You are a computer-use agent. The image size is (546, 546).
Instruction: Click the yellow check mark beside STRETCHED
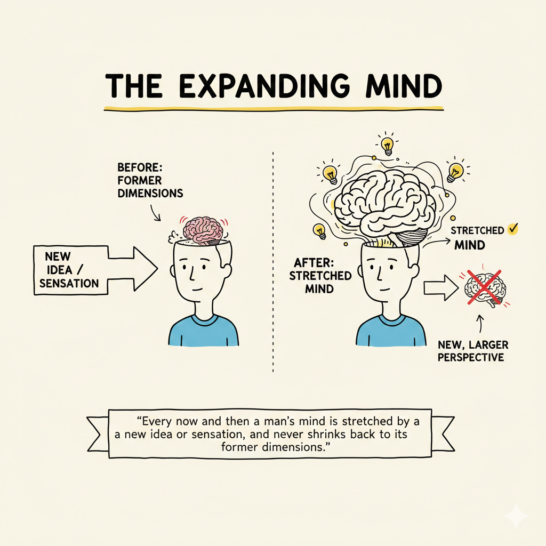click(x=513, y=229)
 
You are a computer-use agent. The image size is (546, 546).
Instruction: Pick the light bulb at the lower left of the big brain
click(x=319, y=230)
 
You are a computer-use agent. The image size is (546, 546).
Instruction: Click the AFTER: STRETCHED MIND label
click(x=322, y=276)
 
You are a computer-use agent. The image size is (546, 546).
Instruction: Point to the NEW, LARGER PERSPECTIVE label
click(x=471, y=351)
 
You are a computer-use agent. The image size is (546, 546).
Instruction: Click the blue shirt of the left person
click(x=203, y=331)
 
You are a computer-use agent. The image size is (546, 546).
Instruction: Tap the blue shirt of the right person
click(x=391, y=331)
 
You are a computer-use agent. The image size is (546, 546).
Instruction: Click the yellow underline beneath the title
click(x=273, y=108)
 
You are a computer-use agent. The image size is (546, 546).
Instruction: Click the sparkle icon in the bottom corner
click(x=517, y=517)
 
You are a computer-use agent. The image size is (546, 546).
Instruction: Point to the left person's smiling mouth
click(x=198, y=291)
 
